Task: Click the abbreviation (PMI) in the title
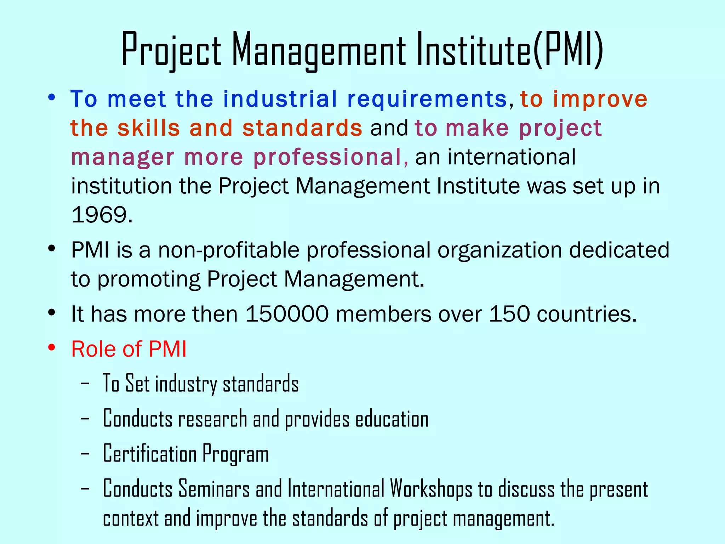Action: coord(567,50)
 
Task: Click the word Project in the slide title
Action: coord(171,50)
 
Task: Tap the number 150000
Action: coord(287,314)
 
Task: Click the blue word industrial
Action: coord(280,99)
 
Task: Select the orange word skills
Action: coord(149,128)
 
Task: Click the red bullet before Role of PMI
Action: coord(52,348)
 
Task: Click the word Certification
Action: coord(149,454)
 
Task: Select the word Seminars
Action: coord(214,489)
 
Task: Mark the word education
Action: coord(392,419)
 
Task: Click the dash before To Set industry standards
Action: coord(85,384)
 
